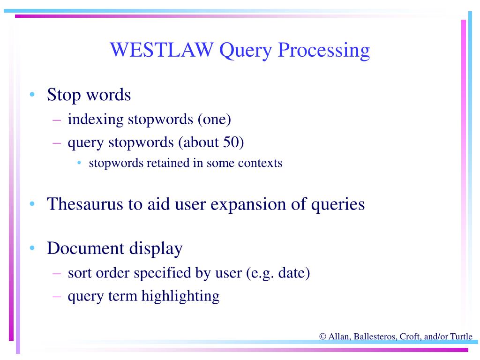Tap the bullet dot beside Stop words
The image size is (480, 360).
(x=32, y=95)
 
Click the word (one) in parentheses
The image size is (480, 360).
(x=214, y=119)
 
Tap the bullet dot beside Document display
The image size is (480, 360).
(x=32, y=248)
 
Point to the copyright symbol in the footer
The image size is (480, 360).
(x=322, y=336)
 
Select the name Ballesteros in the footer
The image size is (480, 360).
(x=374, y=336)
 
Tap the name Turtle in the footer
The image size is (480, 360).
(x=461, y=336)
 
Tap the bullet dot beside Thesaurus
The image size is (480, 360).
(x=32, y=204)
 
